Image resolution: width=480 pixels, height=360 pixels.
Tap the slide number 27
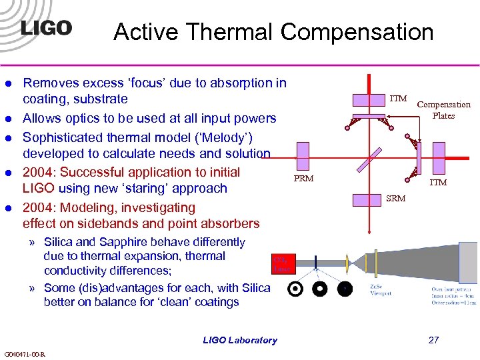(x=433, y=340)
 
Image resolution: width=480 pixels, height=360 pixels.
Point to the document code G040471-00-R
(x=25, y=353)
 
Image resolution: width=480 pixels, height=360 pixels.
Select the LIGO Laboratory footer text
(x=240, y=340)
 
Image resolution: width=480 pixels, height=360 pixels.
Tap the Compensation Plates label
(x=443, y=109)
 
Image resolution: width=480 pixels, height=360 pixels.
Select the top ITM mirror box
(x=370, y=100)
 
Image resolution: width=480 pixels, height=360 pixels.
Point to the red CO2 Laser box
(x=281, y=265)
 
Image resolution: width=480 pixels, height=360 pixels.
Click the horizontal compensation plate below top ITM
(x=370, y=117)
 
